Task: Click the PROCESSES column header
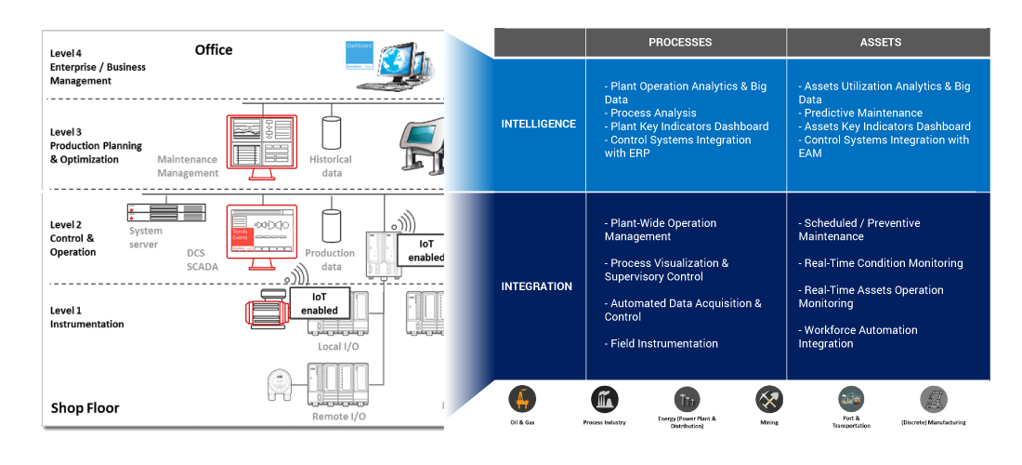click(x=680, y=42)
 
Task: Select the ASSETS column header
click(x=881, y=42)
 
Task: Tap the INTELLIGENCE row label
click(x=538, y=125)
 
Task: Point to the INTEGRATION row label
click(x=537, y=286)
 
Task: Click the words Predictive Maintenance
click(x=850, y=113)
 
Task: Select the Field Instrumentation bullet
click(x=663, y=344)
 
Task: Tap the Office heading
click(x=214, y=50)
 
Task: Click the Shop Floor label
click(x=85, y=408)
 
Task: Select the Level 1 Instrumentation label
click(x=86, y=317)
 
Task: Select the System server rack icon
click(x=152, y=211)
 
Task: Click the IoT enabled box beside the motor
click(x=319, y=303)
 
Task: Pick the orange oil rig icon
click(x=522, y=399)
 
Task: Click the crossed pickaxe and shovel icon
click(x=769, y=399)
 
